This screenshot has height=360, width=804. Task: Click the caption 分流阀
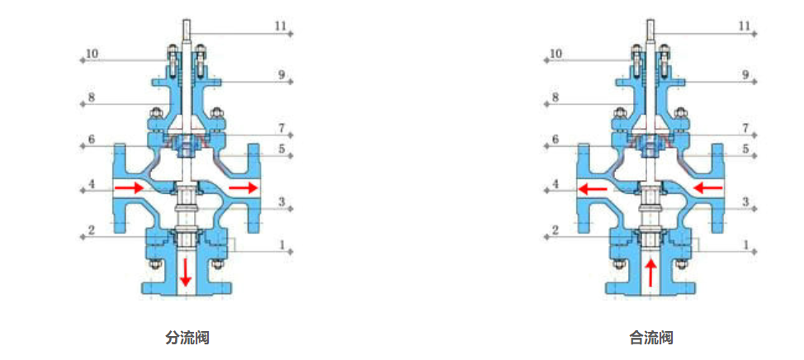coord(187,338)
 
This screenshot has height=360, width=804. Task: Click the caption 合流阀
coord(650,338)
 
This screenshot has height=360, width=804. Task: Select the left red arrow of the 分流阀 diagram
coord(128,188)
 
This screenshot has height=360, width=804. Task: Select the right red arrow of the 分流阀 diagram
coord(243,188)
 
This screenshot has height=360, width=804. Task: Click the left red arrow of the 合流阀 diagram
coord(592,188)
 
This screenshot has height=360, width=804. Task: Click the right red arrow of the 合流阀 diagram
coord(707,188)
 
